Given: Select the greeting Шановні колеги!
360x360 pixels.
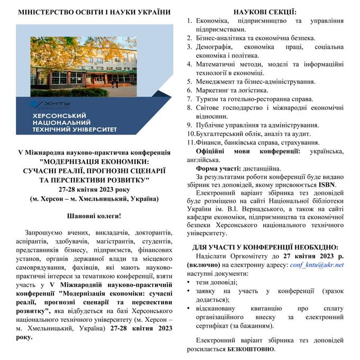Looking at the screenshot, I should tap(94, 216).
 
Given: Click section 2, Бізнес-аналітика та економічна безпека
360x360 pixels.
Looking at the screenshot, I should tap(255, 38).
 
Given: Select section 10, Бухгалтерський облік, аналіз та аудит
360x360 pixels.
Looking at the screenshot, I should tap(256, 134).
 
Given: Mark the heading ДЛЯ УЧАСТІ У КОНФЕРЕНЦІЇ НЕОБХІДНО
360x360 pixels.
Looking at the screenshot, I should tap(265, 247).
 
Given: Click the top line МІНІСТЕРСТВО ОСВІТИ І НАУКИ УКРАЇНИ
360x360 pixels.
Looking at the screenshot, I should tap(94, 11).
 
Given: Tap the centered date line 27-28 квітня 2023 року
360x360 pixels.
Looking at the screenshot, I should tap(94, 189).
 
